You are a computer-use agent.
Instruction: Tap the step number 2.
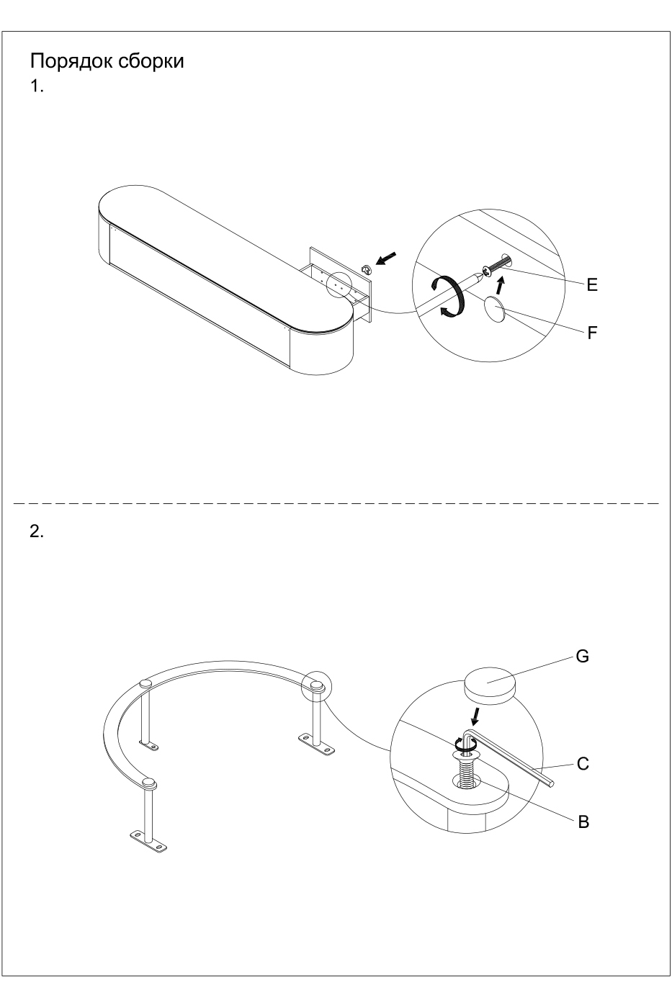pyautogui.click(x=37, y=532)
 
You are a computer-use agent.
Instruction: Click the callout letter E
pyautogui.click(x=592, y=285)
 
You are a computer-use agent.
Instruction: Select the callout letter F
pyautogui.click(x=592, y=333)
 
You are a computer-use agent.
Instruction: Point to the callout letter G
pyautogui.click(x=583, y=657)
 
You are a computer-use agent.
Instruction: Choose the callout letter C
pyautogui.click(x=583, y=765)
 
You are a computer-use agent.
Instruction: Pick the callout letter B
pyautogui.click(x=583, y=821)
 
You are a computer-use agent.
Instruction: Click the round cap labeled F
pyautogui.click(x=495, y=309)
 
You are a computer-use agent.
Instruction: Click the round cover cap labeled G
pyautogui.click(x=490, y=684)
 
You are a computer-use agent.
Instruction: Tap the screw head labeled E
pyautogui.click(x=488, y=271)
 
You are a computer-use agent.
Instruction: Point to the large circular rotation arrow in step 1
pyautogui.click(x=452, y=295)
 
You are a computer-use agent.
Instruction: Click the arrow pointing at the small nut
pyautogui.click(x=387, y=257)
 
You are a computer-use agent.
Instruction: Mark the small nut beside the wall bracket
pyautogui.click(x=365, y=269)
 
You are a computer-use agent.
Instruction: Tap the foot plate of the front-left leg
pyautogui.click(x=148, y=841)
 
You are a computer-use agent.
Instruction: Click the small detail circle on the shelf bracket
pyautogui.click(x=339, y=284)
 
